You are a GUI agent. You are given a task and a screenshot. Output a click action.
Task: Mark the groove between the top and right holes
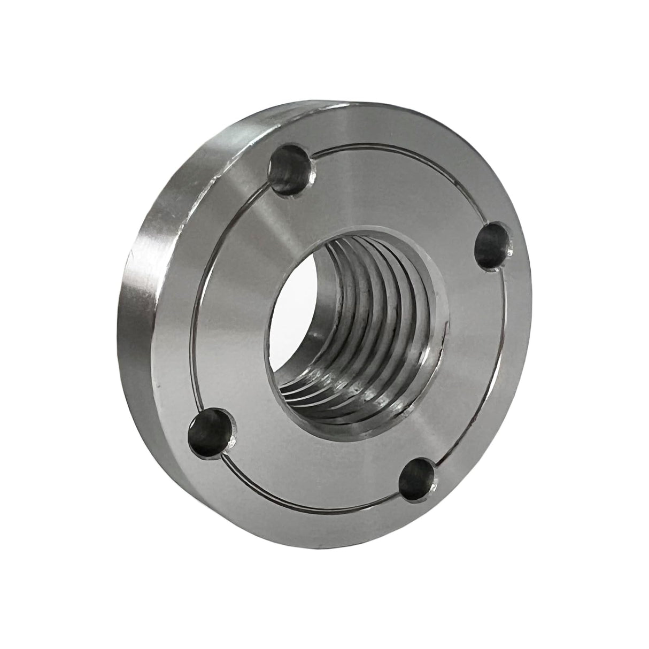pos(406,172)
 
